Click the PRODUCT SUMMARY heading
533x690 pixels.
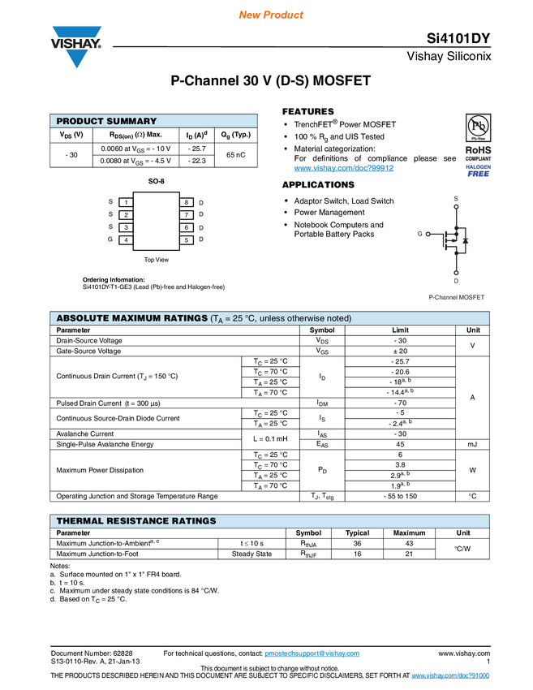[106, 121]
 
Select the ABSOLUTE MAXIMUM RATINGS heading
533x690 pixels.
[131, 318]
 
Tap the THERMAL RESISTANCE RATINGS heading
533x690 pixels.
[136, 520]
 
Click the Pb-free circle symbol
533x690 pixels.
[479, 127]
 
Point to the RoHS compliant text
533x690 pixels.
[479, 153]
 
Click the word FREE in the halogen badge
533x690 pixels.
[479, 174]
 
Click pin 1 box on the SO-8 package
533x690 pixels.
[126, 201]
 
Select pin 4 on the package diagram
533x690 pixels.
[126, 240]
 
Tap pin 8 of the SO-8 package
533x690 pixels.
[186, 201]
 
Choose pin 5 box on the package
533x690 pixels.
[186, 240]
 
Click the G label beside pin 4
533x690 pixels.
[110, 240]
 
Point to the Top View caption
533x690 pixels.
[157, 260]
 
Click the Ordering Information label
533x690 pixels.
[114, 279]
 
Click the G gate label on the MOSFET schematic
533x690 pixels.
[420, 234]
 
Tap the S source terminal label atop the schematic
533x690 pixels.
[456, 198]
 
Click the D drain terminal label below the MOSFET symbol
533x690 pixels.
[456, 281]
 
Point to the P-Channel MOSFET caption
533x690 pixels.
[457, 297]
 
